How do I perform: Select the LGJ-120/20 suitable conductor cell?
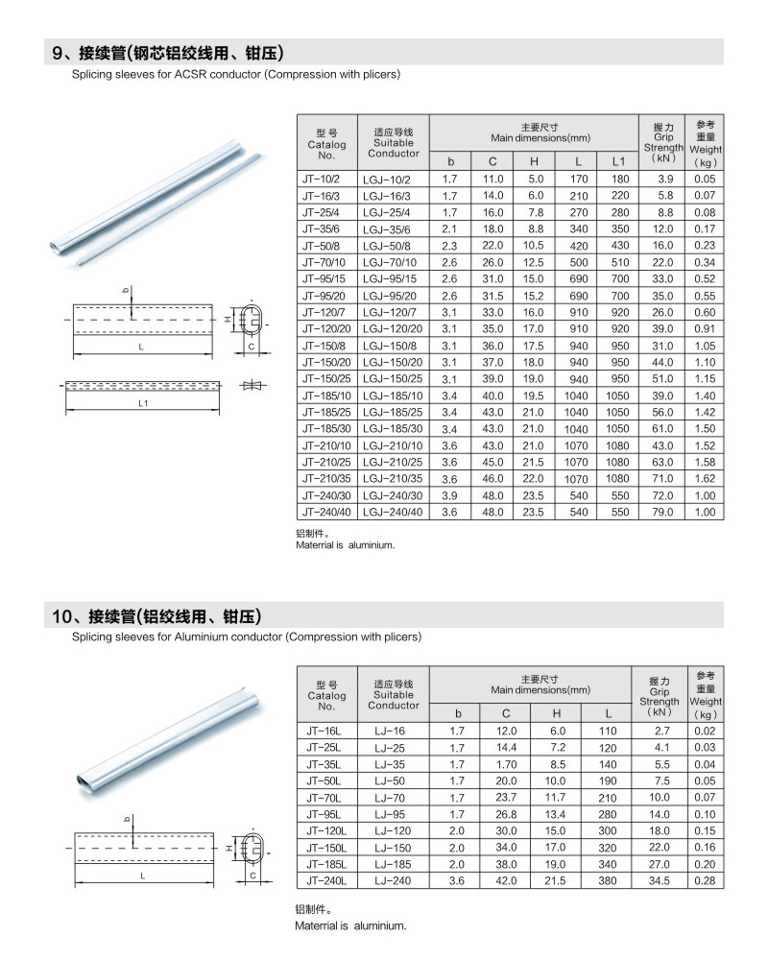pos(393,328)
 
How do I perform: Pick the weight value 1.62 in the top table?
pos(705,478)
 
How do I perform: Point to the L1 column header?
pos(618,161)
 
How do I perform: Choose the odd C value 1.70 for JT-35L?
pos(506,764)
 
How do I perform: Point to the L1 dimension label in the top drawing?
pos(141,404)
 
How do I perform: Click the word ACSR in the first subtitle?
pos(189,74)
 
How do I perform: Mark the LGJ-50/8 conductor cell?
pos(393,246)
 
